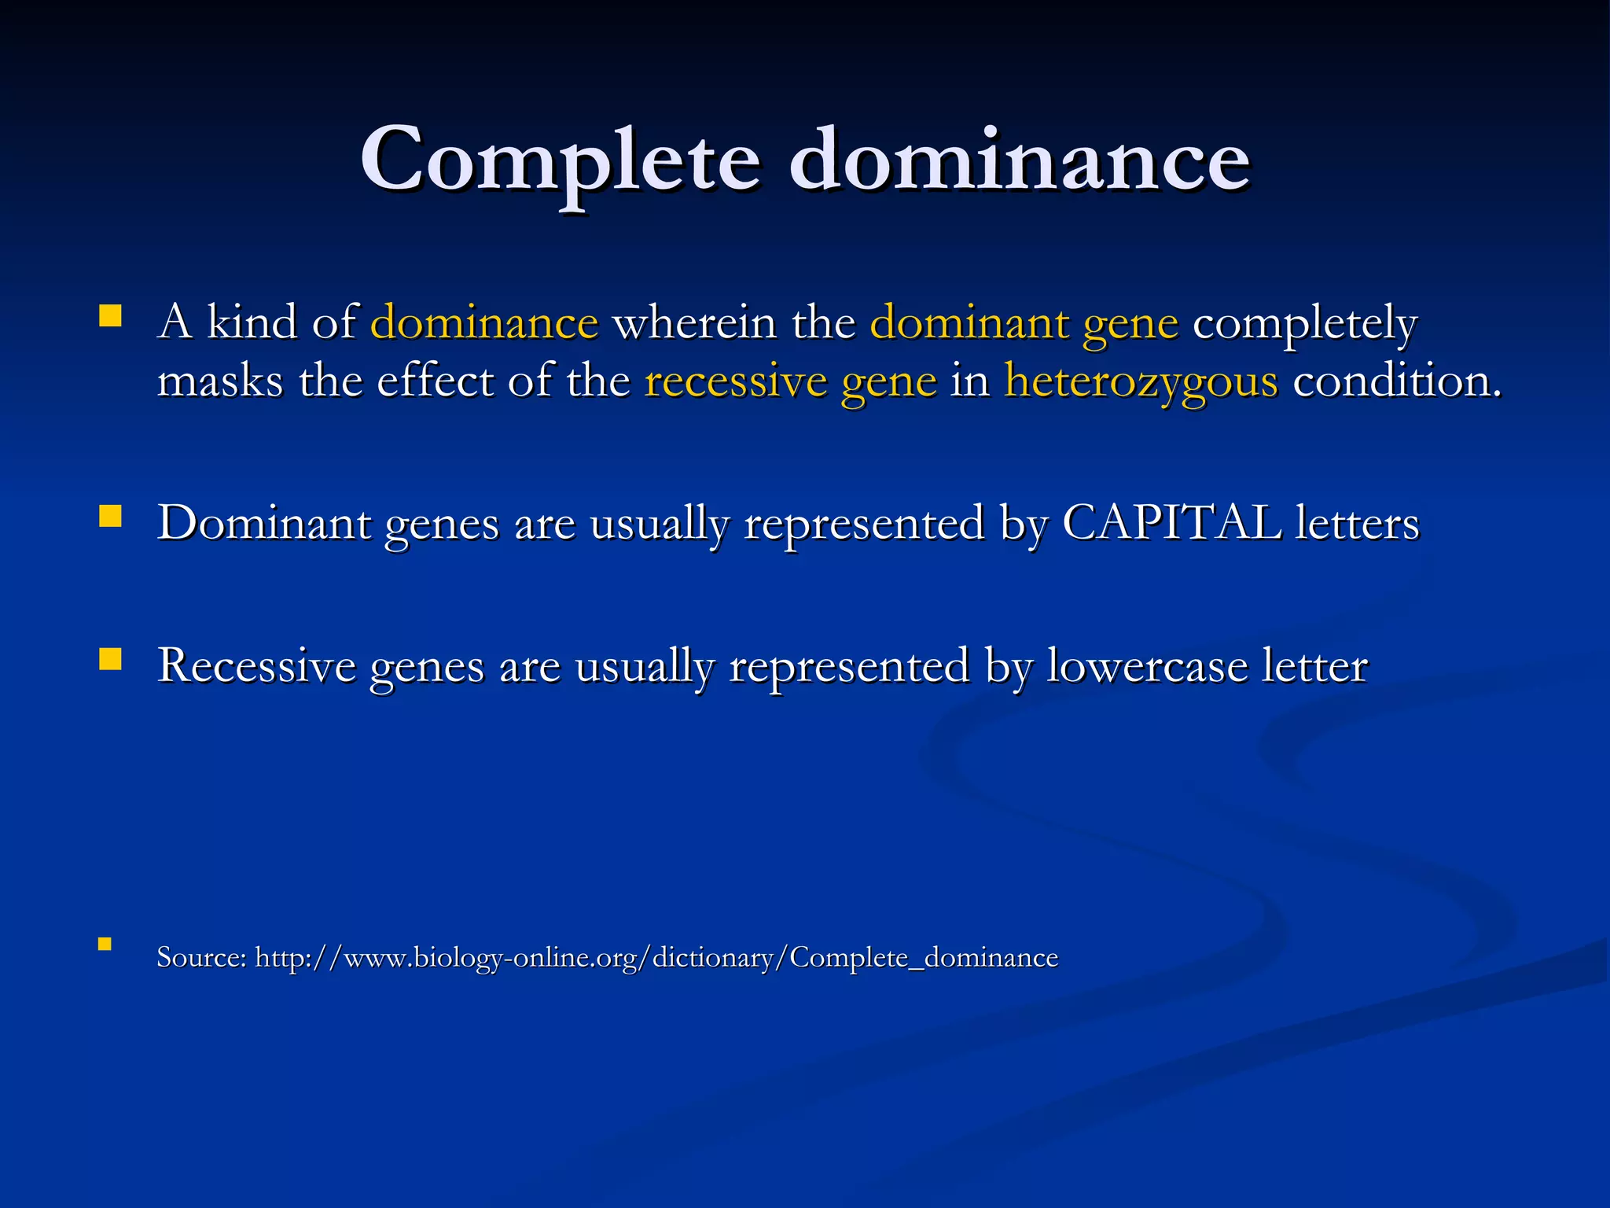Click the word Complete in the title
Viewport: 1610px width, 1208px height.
(x=560, y=161)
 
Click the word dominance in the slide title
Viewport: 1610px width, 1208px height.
(x=1019, y=161)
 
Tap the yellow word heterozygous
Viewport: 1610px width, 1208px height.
(x=1141, y=382)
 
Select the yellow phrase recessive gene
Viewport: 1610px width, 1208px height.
(x=790, y=382)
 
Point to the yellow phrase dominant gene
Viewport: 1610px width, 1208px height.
(x=1024, y=323)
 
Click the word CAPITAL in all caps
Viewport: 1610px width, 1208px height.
(x=1171, y=523)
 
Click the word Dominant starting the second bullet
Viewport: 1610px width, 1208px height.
(x=264, y=523)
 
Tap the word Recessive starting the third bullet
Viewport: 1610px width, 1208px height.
(x=256, y=665)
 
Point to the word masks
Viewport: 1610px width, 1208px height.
(x=220, y=382)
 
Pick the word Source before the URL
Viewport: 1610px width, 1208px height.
(x=201, y=958)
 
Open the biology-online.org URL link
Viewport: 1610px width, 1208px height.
(x=656, y=958)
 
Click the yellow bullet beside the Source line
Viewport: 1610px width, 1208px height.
(x=105, y=944)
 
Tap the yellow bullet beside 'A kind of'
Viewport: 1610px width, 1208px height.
(x=110, y=316)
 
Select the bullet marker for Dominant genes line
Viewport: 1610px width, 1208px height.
(x=110, y=516)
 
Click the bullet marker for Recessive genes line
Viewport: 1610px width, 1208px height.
(x=110, y=659)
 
